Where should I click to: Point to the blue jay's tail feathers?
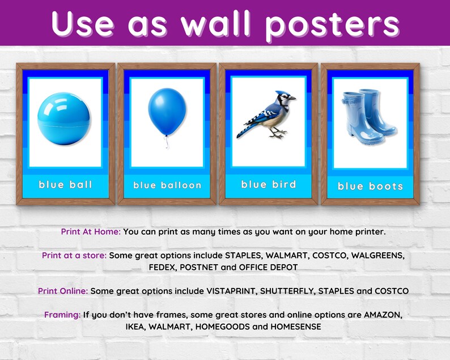click(245, 131)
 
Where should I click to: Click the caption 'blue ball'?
click(65, 184)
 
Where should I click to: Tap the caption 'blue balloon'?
click(167, 185)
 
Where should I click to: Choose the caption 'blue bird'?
click(269, 184)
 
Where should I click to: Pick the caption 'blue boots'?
click(371, 185)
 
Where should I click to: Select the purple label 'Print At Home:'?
click(90, 232)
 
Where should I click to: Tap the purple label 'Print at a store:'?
click(74, 256)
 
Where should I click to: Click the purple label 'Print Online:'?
click(63, 291)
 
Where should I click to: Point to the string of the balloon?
click(166, 141)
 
